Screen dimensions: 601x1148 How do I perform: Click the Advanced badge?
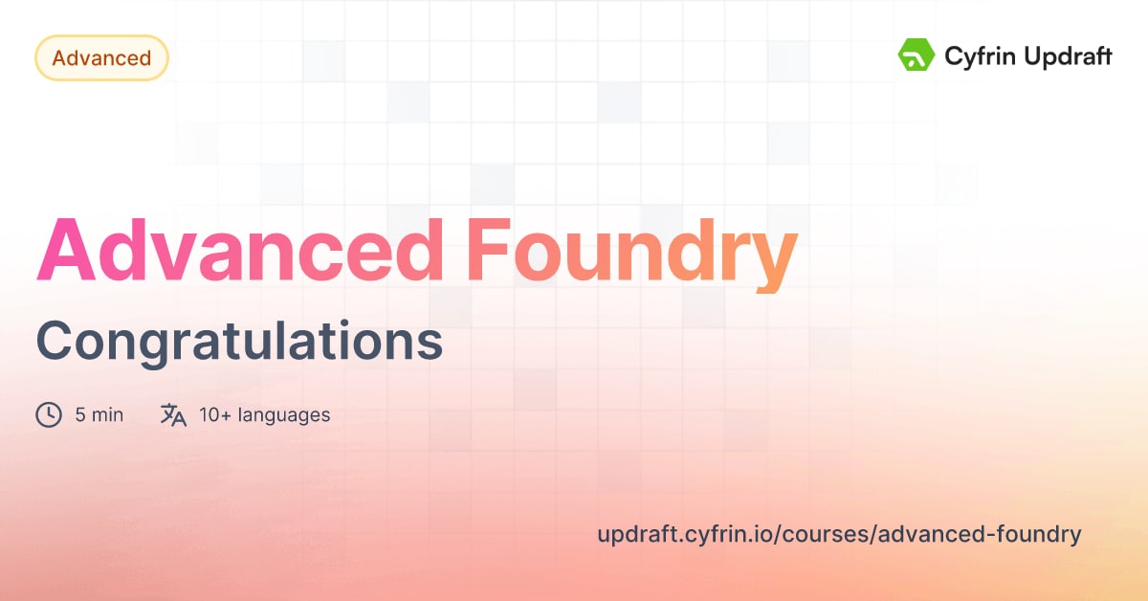[101, 58]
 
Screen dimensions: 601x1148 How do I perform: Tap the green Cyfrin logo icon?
[916, 56]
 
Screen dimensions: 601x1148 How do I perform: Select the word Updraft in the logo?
[1065, 57]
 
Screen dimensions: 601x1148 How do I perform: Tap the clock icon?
[49, 414]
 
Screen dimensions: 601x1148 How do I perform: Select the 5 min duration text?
[99, 414]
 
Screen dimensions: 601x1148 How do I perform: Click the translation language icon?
[173, 414]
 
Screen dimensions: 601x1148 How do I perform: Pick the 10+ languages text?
[264, 414]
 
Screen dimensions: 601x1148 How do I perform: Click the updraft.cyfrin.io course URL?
[839, 534]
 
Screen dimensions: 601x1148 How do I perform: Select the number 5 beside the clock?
[80, 414]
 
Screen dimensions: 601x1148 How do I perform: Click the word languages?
[284, 414]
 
